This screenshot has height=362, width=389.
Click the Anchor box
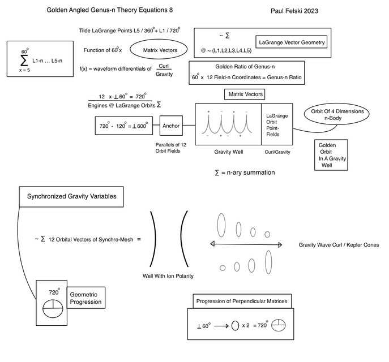coord(170,126)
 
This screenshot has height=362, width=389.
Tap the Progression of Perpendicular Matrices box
coord(241,301)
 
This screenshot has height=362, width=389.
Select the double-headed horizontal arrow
coord(246,244)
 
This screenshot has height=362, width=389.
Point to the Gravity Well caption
coord(228,152)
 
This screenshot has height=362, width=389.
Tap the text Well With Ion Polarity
coord(168,276)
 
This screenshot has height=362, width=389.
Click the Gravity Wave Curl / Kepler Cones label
coord(339,245)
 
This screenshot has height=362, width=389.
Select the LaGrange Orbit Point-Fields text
coord(277,124)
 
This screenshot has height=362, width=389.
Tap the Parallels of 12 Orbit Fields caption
coord(171,148)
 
